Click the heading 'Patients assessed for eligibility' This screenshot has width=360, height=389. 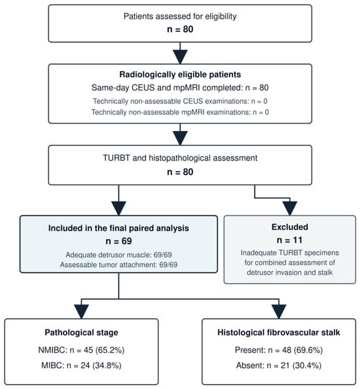pyautogui.click(x=180, y=16)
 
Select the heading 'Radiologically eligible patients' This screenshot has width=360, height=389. pyautogui.click(x=180, y=75)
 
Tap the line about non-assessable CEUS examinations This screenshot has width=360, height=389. pyautogui.click(x=180, y=102)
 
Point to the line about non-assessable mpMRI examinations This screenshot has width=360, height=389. pyautogui.click(x=180, y=112)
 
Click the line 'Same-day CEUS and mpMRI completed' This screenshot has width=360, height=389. pyautogui.click(x=180, y=88)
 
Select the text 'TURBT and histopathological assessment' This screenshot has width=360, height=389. pyautogui.click(x=180, y=158)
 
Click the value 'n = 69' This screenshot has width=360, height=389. pyautogui.click(x=118, y=241)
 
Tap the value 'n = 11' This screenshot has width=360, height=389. pyautogui.click(x=289, y=240)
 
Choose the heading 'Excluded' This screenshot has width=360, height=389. pyautogui.click(x=290, y=227)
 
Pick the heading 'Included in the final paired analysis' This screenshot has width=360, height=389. pyautogui.click(x=118, y=228)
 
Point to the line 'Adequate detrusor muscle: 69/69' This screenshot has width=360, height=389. pyautogui.click(x=118, y=255)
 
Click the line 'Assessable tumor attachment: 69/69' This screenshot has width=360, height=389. pyautogui.click(x=118, y=265)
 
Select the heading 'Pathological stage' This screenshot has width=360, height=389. pyautogui.click(x=81, y=333)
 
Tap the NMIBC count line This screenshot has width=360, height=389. pyautogui.click(x=81, y=350)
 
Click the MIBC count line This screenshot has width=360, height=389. pyautogui.click(x=81, y=365)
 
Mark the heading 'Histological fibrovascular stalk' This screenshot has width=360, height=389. pyautogui.click(x=279, y=333)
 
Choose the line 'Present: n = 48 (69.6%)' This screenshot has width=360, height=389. pyautogui.click(x=279, y=350)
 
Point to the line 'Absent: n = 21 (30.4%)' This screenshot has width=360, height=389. pyautogui.click(x=279, y=365)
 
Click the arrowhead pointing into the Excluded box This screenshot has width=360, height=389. pyautogui.click(x=290, y=208)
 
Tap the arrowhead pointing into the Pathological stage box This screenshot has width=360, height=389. pyautogui.click(x=81, y=312)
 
